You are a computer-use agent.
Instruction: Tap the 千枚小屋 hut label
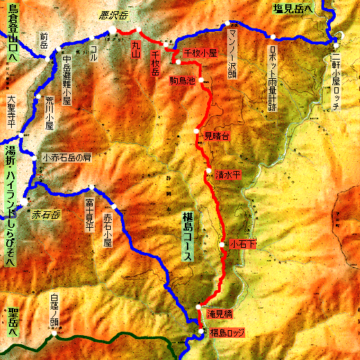click(x=200, y=53)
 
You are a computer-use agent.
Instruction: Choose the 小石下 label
click(x=244, y=245)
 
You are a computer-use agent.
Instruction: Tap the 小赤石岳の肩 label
click(x=67, y=157)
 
